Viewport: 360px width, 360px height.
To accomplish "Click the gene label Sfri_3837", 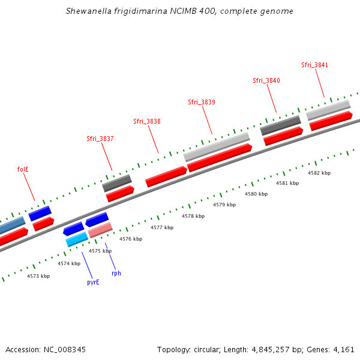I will coord(100,139).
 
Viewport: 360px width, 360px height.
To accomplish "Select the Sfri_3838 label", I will coord(146,121).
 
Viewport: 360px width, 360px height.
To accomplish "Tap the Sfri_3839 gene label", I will coord(202,102).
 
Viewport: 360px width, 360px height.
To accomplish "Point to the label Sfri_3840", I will coord(266,80).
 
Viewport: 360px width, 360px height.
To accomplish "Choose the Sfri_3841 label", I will coord(314,65).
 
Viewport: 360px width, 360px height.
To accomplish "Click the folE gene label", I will coord(23,169).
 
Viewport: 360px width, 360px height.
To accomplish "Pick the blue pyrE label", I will coord(93,282).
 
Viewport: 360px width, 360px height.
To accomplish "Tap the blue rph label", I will coord(116,273).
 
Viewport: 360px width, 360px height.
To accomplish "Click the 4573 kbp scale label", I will coord(38,276).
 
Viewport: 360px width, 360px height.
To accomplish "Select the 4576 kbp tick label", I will coord(131,239).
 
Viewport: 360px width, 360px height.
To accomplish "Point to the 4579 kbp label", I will coord(224,205).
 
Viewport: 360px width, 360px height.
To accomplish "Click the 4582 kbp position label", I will coord(319,173).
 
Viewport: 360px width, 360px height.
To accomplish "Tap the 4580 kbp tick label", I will coord(256,194).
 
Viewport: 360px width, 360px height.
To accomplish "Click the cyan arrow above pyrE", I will coord(77,239).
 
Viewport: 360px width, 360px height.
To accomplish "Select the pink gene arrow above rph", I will coord(100,229).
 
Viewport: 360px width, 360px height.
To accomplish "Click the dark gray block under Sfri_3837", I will coord(117,182).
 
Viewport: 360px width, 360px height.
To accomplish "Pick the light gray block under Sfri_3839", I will coord(217,146).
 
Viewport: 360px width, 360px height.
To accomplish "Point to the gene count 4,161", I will coord(344,349).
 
